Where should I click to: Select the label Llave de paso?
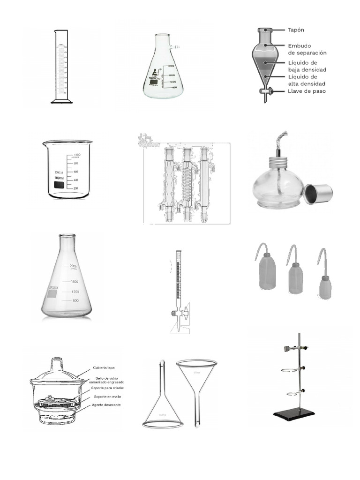tap(307, 91)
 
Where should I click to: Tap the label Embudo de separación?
tap(307, 49)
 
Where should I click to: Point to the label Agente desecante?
tap(107, 405)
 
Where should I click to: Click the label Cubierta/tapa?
tap(104, 367)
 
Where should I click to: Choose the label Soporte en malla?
tap(106, 396)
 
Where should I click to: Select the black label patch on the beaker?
tap(59, 186)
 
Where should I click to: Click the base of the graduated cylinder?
tap(62, 101)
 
